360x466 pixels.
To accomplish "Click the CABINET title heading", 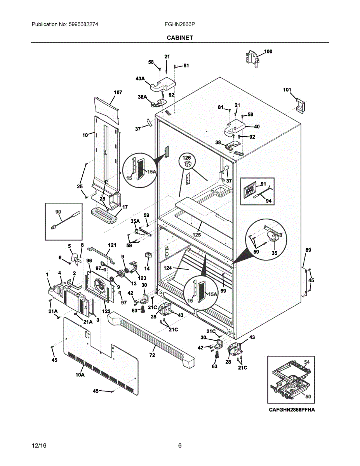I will point(180,38).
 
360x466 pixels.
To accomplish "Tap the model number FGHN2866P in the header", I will point(180,24).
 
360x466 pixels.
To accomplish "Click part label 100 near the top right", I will point(268,51).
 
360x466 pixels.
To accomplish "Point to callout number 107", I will point(118,92).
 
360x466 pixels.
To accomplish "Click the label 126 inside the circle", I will point(187,158).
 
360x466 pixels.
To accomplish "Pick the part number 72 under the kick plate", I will point(152,355).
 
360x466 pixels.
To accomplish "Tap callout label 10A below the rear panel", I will point(80,375).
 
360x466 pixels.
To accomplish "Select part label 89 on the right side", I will point(308,250).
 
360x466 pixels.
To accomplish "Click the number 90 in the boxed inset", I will point(58,212).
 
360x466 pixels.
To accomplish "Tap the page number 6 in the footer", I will point(180,445).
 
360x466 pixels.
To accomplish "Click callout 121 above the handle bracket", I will point(112,245).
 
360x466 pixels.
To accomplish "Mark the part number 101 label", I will point(287,90).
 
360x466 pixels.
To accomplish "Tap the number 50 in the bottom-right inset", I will point(308,396).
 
